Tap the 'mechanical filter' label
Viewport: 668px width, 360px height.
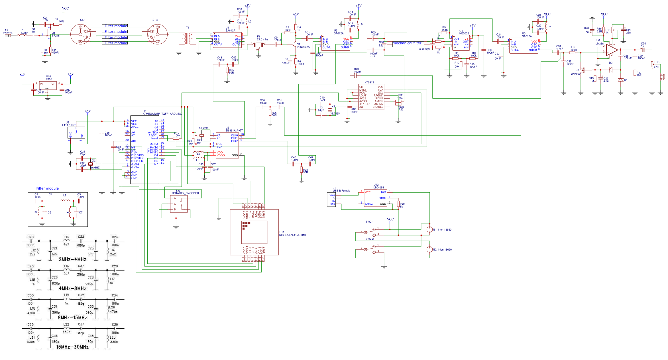[407, 43]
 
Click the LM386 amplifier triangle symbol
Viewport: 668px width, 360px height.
[612, 50]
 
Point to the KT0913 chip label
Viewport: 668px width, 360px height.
[369, 82]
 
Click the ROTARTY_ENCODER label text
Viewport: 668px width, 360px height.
[185, 193]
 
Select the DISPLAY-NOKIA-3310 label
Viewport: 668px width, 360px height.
[292, 235]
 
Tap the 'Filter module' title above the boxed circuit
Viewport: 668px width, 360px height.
[47, 188]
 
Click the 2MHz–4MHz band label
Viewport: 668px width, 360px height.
[72, 259]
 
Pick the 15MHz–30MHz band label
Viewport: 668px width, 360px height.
[72, 347]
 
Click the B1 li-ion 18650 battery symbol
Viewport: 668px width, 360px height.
[429, 229]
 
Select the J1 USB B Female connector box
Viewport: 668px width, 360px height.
[331, 200]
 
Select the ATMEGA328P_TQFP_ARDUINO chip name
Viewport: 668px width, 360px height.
[162, 114]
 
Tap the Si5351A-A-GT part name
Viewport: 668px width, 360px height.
[234, 131]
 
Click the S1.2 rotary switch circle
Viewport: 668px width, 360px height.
[157, 34]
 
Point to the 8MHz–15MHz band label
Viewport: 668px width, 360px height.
[72, 318]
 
